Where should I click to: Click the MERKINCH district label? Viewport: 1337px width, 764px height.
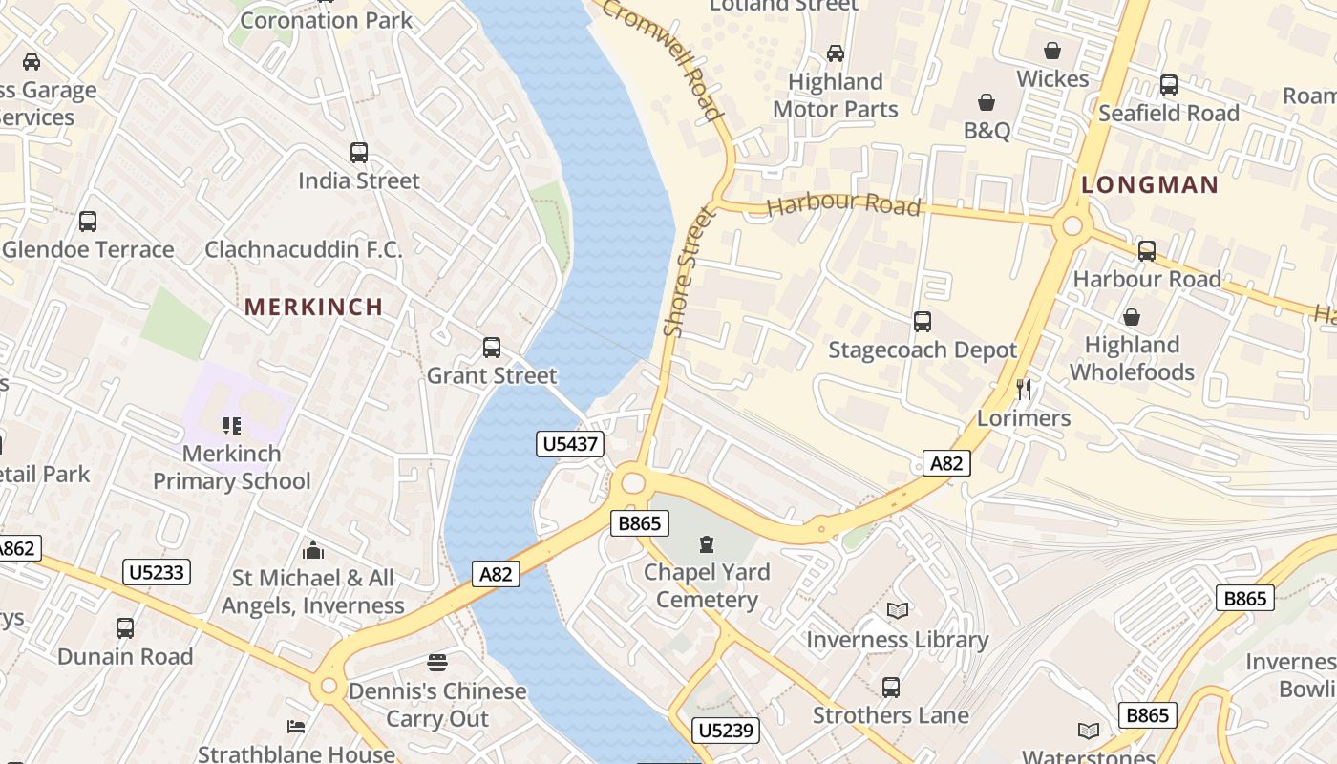[x=313, y=307]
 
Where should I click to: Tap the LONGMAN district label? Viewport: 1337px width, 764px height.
[x=1150, y=185]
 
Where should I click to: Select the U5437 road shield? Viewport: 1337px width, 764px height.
[x=569, y=444]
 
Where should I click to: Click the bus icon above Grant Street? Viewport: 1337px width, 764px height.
[x=492, y=348]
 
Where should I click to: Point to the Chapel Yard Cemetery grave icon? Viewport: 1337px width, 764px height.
[x=706, y=544]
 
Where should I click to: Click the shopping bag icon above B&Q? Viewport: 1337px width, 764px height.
[x=987, y=101]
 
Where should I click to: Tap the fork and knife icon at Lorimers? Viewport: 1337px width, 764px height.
[x=1024, y=389]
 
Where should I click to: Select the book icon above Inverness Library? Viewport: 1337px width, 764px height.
[x=897, y=610]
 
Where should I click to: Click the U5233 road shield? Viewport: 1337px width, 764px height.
[x=158, y=572]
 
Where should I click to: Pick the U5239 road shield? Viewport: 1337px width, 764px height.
[x=726, y=731]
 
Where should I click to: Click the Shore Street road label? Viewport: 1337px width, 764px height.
[x=690, y=271]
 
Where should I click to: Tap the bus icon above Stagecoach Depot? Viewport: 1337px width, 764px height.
[x=922, y=321]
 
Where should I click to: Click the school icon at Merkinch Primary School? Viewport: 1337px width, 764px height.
[x=231, y=425]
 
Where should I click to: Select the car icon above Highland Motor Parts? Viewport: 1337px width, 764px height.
[x=836, y=53]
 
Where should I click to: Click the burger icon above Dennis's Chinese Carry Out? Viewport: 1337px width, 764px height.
[x=437, y=662]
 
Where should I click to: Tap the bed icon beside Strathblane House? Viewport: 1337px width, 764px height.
[x=296, y=727]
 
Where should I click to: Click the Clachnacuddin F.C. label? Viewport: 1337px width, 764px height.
[x=304, y=250]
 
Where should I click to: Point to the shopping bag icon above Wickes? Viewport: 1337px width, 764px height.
[x=1052, y=50]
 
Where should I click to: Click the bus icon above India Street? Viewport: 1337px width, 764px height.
[x=359, y=152]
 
